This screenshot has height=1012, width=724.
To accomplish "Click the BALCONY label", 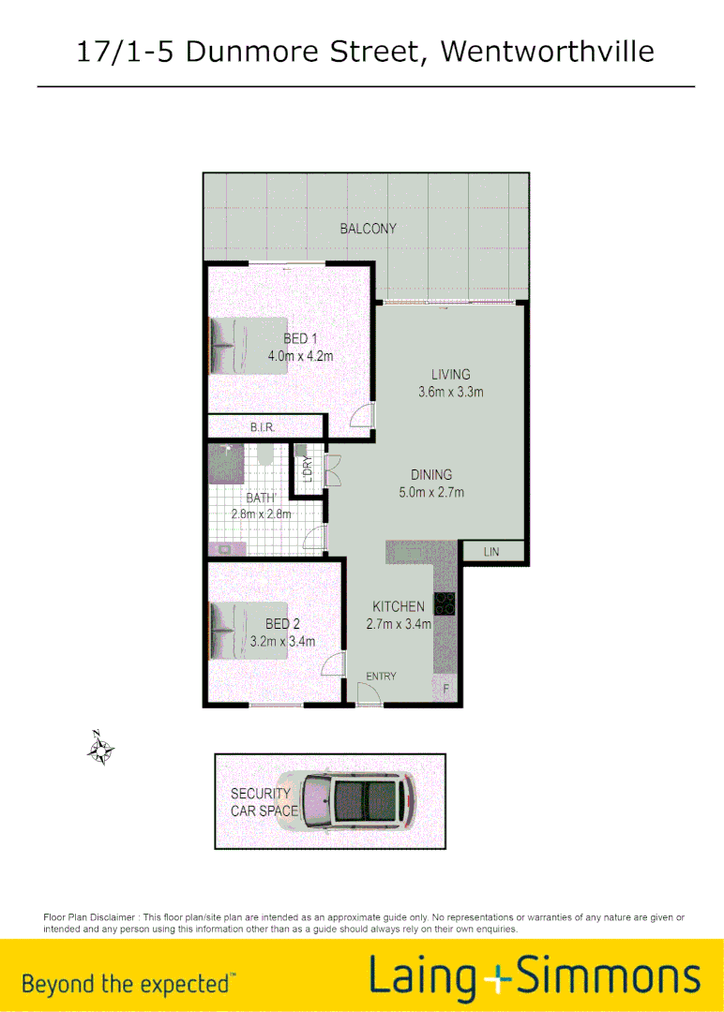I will click(x=368, y=229).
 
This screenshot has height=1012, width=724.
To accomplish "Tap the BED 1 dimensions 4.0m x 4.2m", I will click(x=300, y=356).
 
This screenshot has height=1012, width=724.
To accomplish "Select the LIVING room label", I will click(x=450, y=375).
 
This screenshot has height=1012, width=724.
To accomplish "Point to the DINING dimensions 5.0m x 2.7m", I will click(x=431, y=492).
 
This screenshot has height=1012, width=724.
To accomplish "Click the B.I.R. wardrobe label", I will click(x=262, y=428).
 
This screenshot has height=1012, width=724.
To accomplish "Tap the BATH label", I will click(x=260, y=499).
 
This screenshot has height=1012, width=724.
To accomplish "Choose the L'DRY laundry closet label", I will click(x=306, y=467).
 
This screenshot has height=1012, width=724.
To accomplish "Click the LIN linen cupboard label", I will click(x=491, y=552).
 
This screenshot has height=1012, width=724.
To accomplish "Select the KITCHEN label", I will click(x=399, y=606).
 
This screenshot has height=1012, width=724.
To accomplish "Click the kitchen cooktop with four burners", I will click(x=445, y=605).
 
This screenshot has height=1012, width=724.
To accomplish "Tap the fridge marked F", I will click(x=446, y=689).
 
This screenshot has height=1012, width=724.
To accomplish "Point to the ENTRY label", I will click(x=381, y=676).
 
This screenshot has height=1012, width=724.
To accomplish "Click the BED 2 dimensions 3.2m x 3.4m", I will click(x=282, y=642).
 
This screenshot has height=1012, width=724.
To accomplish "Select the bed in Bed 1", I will click(x=247, y=346).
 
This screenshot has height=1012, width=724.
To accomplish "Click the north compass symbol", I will click(x=100, y=750).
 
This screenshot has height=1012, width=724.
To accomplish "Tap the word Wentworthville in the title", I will click(x=547, y=51).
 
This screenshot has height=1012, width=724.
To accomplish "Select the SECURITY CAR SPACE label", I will click(x=263, y=802).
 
